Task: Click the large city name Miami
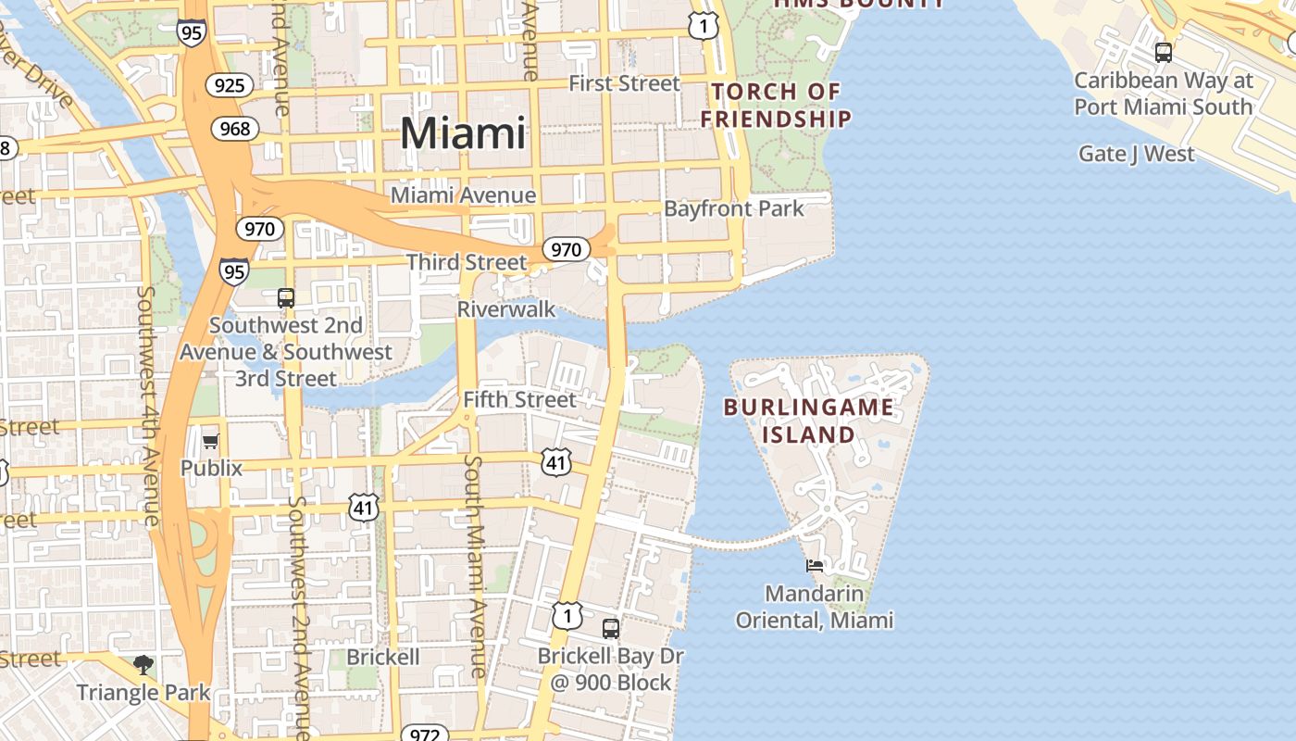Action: [463, 133]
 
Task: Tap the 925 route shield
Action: [229, 86]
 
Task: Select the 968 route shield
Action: [235, 129]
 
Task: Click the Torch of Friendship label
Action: [776, 105]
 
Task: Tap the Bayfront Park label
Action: [734, 208]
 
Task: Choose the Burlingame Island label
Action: [809, 421]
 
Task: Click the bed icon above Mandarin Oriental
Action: [815, 565]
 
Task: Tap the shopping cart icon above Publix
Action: [210, 441]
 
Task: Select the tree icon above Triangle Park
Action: [143, 664]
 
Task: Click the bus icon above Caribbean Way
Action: [1164, 53]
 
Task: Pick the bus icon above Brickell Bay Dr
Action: [611, 628]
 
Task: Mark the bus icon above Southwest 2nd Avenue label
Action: [286, 297]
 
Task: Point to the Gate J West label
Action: [1136, 154]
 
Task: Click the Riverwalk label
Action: [506, 308]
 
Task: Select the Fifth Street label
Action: [519, 399]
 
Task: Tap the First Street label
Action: [624, 83]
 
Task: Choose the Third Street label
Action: [467, 262]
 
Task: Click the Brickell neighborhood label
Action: [383, 657]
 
